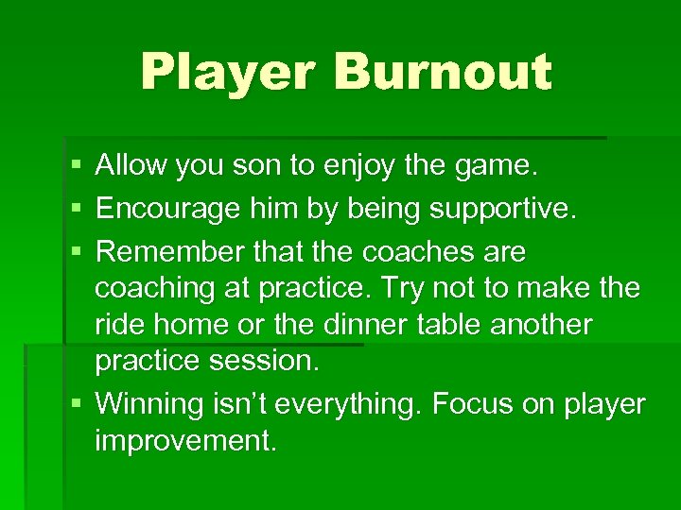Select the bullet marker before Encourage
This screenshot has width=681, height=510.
[76, 208]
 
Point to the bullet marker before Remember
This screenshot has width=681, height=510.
[76, 252]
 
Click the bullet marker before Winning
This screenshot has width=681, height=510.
[76, 404]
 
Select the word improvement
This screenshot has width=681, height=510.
[185, 442]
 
